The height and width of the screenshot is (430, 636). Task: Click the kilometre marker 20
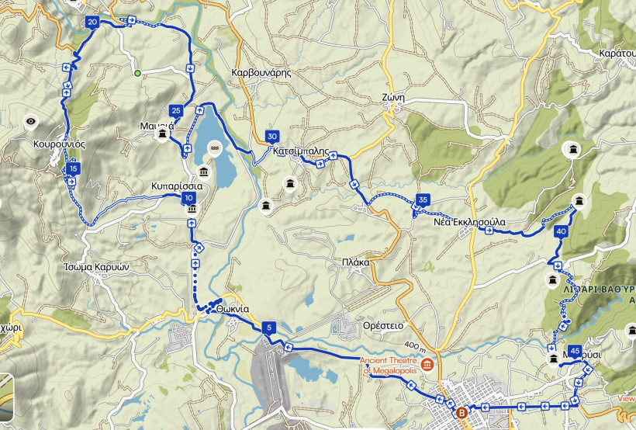(93, 23)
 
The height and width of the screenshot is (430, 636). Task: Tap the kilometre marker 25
(176, 110)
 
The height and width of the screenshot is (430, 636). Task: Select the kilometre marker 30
(271, 137)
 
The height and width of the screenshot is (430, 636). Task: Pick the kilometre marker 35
(423, 199)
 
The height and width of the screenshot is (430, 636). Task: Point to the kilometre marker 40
(562, 231)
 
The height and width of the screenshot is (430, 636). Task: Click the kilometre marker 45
(575, 351)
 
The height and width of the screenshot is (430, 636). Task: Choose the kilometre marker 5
(268, 328)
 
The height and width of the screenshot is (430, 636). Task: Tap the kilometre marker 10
(189, 199)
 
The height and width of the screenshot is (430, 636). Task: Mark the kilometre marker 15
(74, 168)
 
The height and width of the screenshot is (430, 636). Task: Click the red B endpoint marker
(462, 412)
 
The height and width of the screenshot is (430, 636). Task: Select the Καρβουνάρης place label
(261, 72)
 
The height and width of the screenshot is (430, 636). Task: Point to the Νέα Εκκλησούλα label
(469, 222)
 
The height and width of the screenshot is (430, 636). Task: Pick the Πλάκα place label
(355, 263)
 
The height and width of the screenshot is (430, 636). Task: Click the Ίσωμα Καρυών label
(95, 265)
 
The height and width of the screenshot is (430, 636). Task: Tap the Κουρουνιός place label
(59, 144)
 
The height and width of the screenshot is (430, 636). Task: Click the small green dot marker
(137, 74)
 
